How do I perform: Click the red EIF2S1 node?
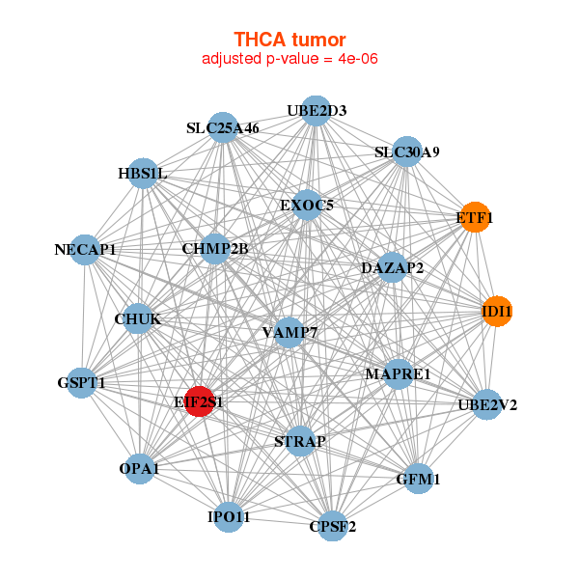pyautogui.click(x=200, y=401)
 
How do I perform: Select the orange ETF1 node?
pyautogui.click(x=475, y=217)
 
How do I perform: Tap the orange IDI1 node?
pyautogui.click(x=497, y=312)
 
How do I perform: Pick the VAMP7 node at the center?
pyautogui.click(x=289, y=332)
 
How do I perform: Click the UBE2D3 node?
pyautogui.click(x=317, y=111)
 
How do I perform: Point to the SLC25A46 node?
pyautogui.click(x=223, y=127)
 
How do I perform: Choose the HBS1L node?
pyautogui.click(x=143, y=173)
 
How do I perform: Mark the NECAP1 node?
pyautogui.click(x=85, y=250)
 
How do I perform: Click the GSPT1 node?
pyautogui.click(x=82, y=383)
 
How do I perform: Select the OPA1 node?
pyautogui.click(x=140, y=469)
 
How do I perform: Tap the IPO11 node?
pyautogui.click(x=229, y=517)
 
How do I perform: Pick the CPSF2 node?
pyautogui.click(x=333, y=526)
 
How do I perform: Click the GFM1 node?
pyautogui.click(x=419, y=479)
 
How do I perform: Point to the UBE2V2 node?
pyautogui.click(x=487, y=404)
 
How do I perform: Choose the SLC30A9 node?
pyautogui.click(x=406, y=152)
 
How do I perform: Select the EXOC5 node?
pyautogui.click(x=307, y=205)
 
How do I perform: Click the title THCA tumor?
pyautogui.click(x=289, y=40)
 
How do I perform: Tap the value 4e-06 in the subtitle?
pyautogui.click(x=358, y=59)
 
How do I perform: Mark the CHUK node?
pyautogui.click(x=138, y=318)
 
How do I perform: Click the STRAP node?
pyautogui.click(x=300, y=441)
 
